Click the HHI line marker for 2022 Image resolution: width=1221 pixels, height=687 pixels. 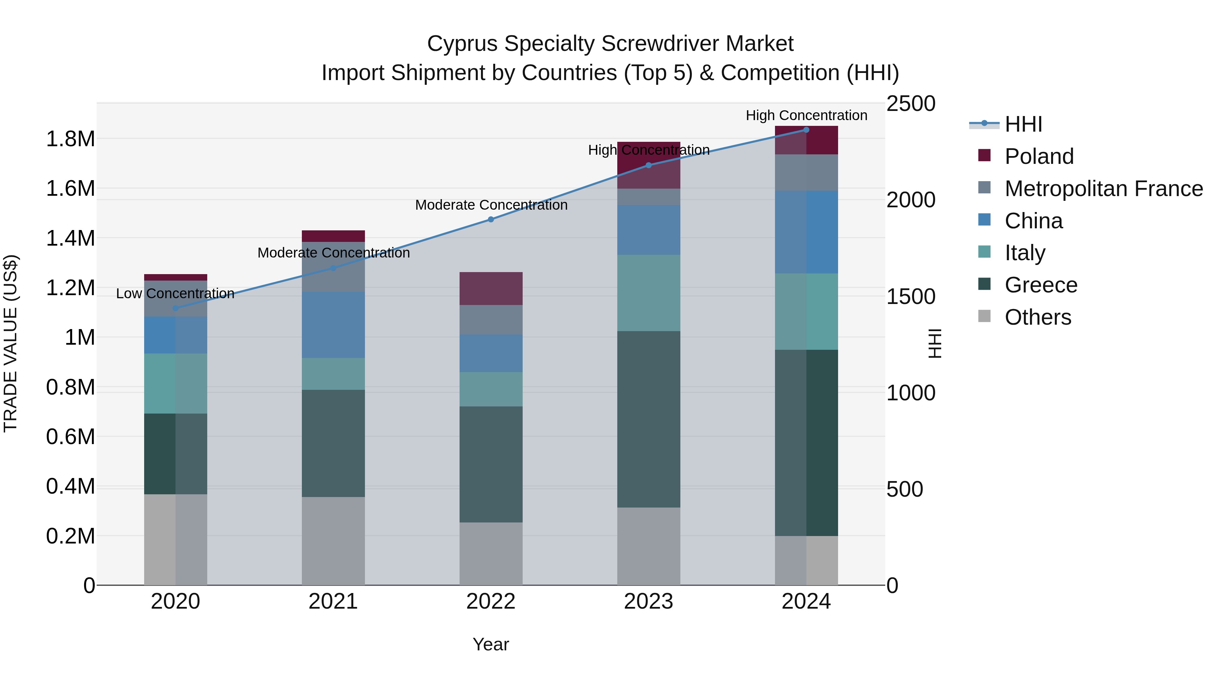click(491, 220)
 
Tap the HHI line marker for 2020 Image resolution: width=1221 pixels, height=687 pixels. click(175, 308)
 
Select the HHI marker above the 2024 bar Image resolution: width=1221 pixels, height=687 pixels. click(806, 130)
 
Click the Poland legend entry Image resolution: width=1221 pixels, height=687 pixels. click(1039, 156)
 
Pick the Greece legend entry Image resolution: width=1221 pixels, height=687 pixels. click(1041, 285)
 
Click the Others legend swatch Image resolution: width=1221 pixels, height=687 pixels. click(985, 316)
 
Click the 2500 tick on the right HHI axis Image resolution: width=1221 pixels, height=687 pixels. click(911, 104)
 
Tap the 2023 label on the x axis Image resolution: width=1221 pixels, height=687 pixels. click(648, 602)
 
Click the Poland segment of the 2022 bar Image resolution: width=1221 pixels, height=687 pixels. click(491, 288)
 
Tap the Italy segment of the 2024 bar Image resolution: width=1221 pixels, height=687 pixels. click(806, 311)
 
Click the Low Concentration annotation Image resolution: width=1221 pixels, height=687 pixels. click(175, 293)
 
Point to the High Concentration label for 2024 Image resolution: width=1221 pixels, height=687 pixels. click(806, 115)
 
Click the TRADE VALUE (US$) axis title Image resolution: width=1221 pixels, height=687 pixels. click(11, 343)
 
